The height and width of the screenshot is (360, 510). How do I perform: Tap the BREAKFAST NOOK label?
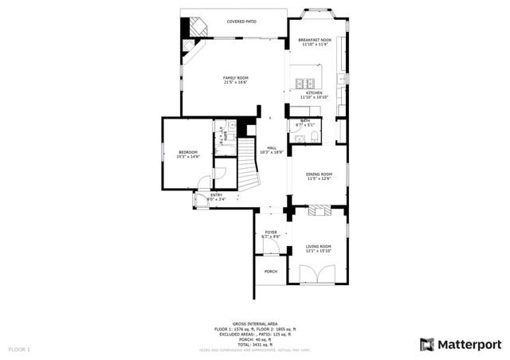pos(314,40)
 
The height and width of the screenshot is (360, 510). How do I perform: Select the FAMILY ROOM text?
pos(235,78)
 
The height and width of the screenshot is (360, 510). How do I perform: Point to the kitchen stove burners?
pos(304,82)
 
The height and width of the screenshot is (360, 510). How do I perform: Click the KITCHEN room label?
pos(314,93)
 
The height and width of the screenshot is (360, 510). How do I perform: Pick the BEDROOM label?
pos(187,152)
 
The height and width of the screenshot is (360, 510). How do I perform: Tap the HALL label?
pos(272,148)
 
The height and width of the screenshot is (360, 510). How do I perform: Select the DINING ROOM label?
pos(319,174)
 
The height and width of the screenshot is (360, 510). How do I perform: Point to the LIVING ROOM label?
pos(319,246)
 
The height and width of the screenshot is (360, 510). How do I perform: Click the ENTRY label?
pos(216,194)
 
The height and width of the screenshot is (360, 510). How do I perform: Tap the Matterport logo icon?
pos(427,344)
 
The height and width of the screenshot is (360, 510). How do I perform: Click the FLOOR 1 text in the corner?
pos(19,349)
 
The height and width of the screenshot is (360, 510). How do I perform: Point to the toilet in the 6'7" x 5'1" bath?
pos(313,137)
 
